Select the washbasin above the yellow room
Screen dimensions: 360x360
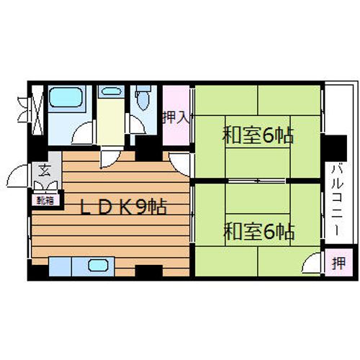109,91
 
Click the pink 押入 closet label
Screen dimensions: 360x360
175,117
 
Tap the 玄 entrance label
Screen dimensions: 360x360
44,171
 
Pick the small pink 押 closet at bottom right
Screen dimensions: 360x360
337,264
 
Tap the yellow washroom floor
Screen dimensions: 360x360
109,122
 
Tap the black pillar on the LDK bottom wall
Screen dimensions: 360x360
148,272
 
